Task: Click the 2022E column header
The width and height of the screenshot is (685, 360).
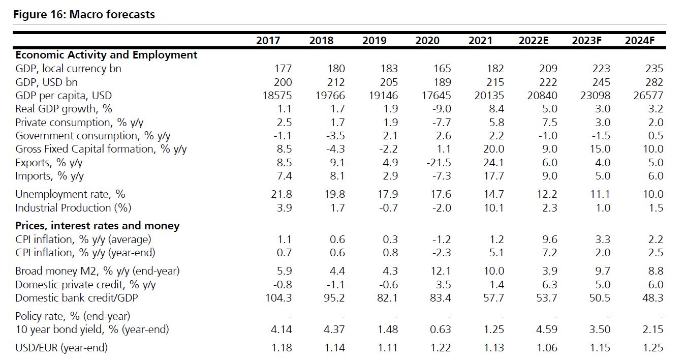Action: pos(533,41)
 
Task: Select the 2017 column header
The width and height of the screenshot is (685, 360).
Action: pos(268,41)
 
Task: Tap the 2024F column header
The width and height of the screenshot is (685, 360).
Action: pos(639,41)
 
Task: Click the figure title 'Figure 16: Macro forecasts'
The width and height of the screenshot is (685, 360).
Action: pos(84,14)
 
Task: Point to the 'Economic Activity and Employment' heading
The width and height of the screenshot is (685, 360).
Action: pos(106,55)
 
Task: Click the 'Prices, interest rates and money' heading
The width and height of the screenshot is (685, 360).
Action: pos(97,226)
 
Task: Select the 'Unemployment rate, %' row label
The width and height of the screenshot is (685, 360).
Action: pos(70,194)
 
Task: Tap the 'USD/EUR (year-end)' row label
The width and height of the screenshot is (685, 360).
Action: pos(61,348)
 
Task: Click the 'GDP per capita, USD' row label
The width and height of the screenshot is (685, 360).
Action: pos(64,96)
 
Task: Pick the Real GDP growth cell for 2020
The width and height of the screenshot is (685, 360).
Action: pos(441,109)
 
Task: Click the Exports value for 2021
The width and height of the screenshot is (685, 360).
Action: pos(493,163)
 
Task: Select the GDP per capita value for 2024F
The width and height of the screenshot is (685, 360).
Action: pos(648,96)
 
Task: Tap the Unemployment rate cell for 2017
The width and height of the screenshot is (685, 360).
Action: pos(282,194)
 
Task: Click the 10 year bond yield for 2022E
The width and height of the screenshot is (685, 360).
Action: pos(547,329)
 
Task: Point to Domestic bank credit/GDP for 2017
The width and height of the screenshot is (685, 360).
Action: pos(279,298)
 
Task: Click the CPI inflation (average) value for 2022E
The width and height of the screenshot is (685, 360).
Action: pos(550,239)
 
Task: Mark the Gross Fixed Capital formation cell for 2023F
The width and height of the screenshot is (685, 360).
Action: pos(600,149)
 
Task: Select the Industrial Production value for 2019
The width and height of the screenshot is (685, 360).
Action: pos(388,207)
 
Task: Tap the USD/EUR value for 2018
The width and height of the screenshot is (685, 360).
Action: pos(334,348)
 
